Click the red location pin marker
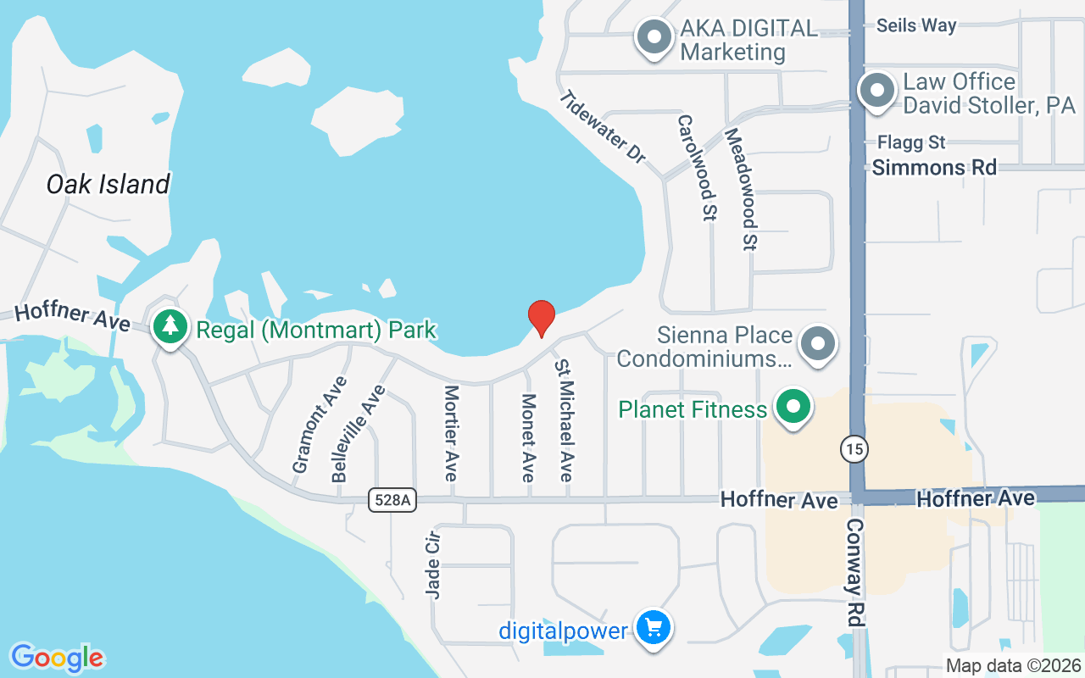pos(541,318)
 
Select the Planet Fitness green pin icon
pos(793,408)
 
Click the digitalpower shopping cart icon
pos(653,629)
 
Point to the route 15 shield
pos(854,448)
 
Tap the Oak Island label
pos(108,184)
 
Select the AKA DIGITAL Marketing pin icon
pos(654,37)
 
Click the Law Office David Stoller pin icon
pos(876,90)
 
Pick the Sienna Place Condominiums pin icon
pos(818,344)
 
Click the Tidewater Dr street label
pos(603,127)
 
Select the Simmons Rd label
pos(934,167)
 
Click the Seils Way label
pos(916,25)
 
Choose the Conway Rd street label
pos(854,572)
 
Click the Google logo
pos(58,657)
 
